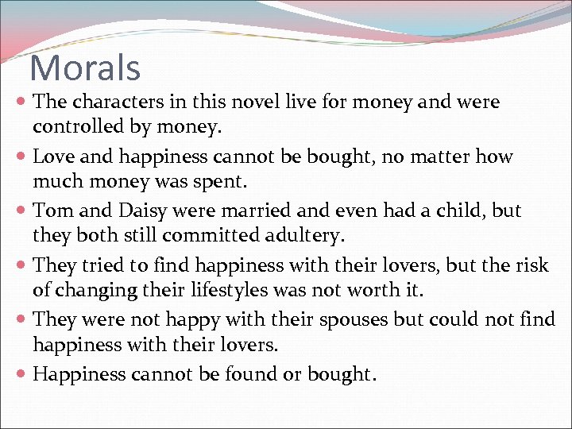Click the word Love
pos(53,157)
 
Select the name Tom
pos(52,211)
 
